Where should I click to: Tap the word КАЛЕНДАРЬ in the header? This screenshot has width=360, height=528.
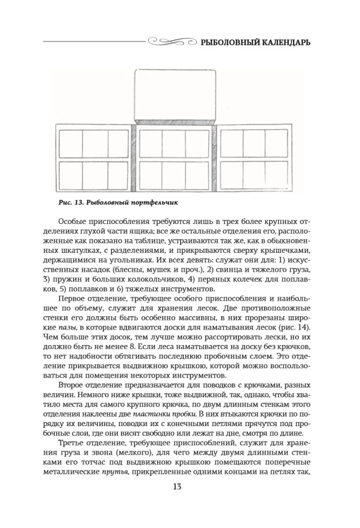(286, 41)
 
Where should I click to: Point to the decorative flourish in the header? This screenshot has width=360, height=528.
(169, 40)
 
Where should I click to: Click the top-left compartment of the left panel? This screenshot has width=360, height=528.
(70, 142)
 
